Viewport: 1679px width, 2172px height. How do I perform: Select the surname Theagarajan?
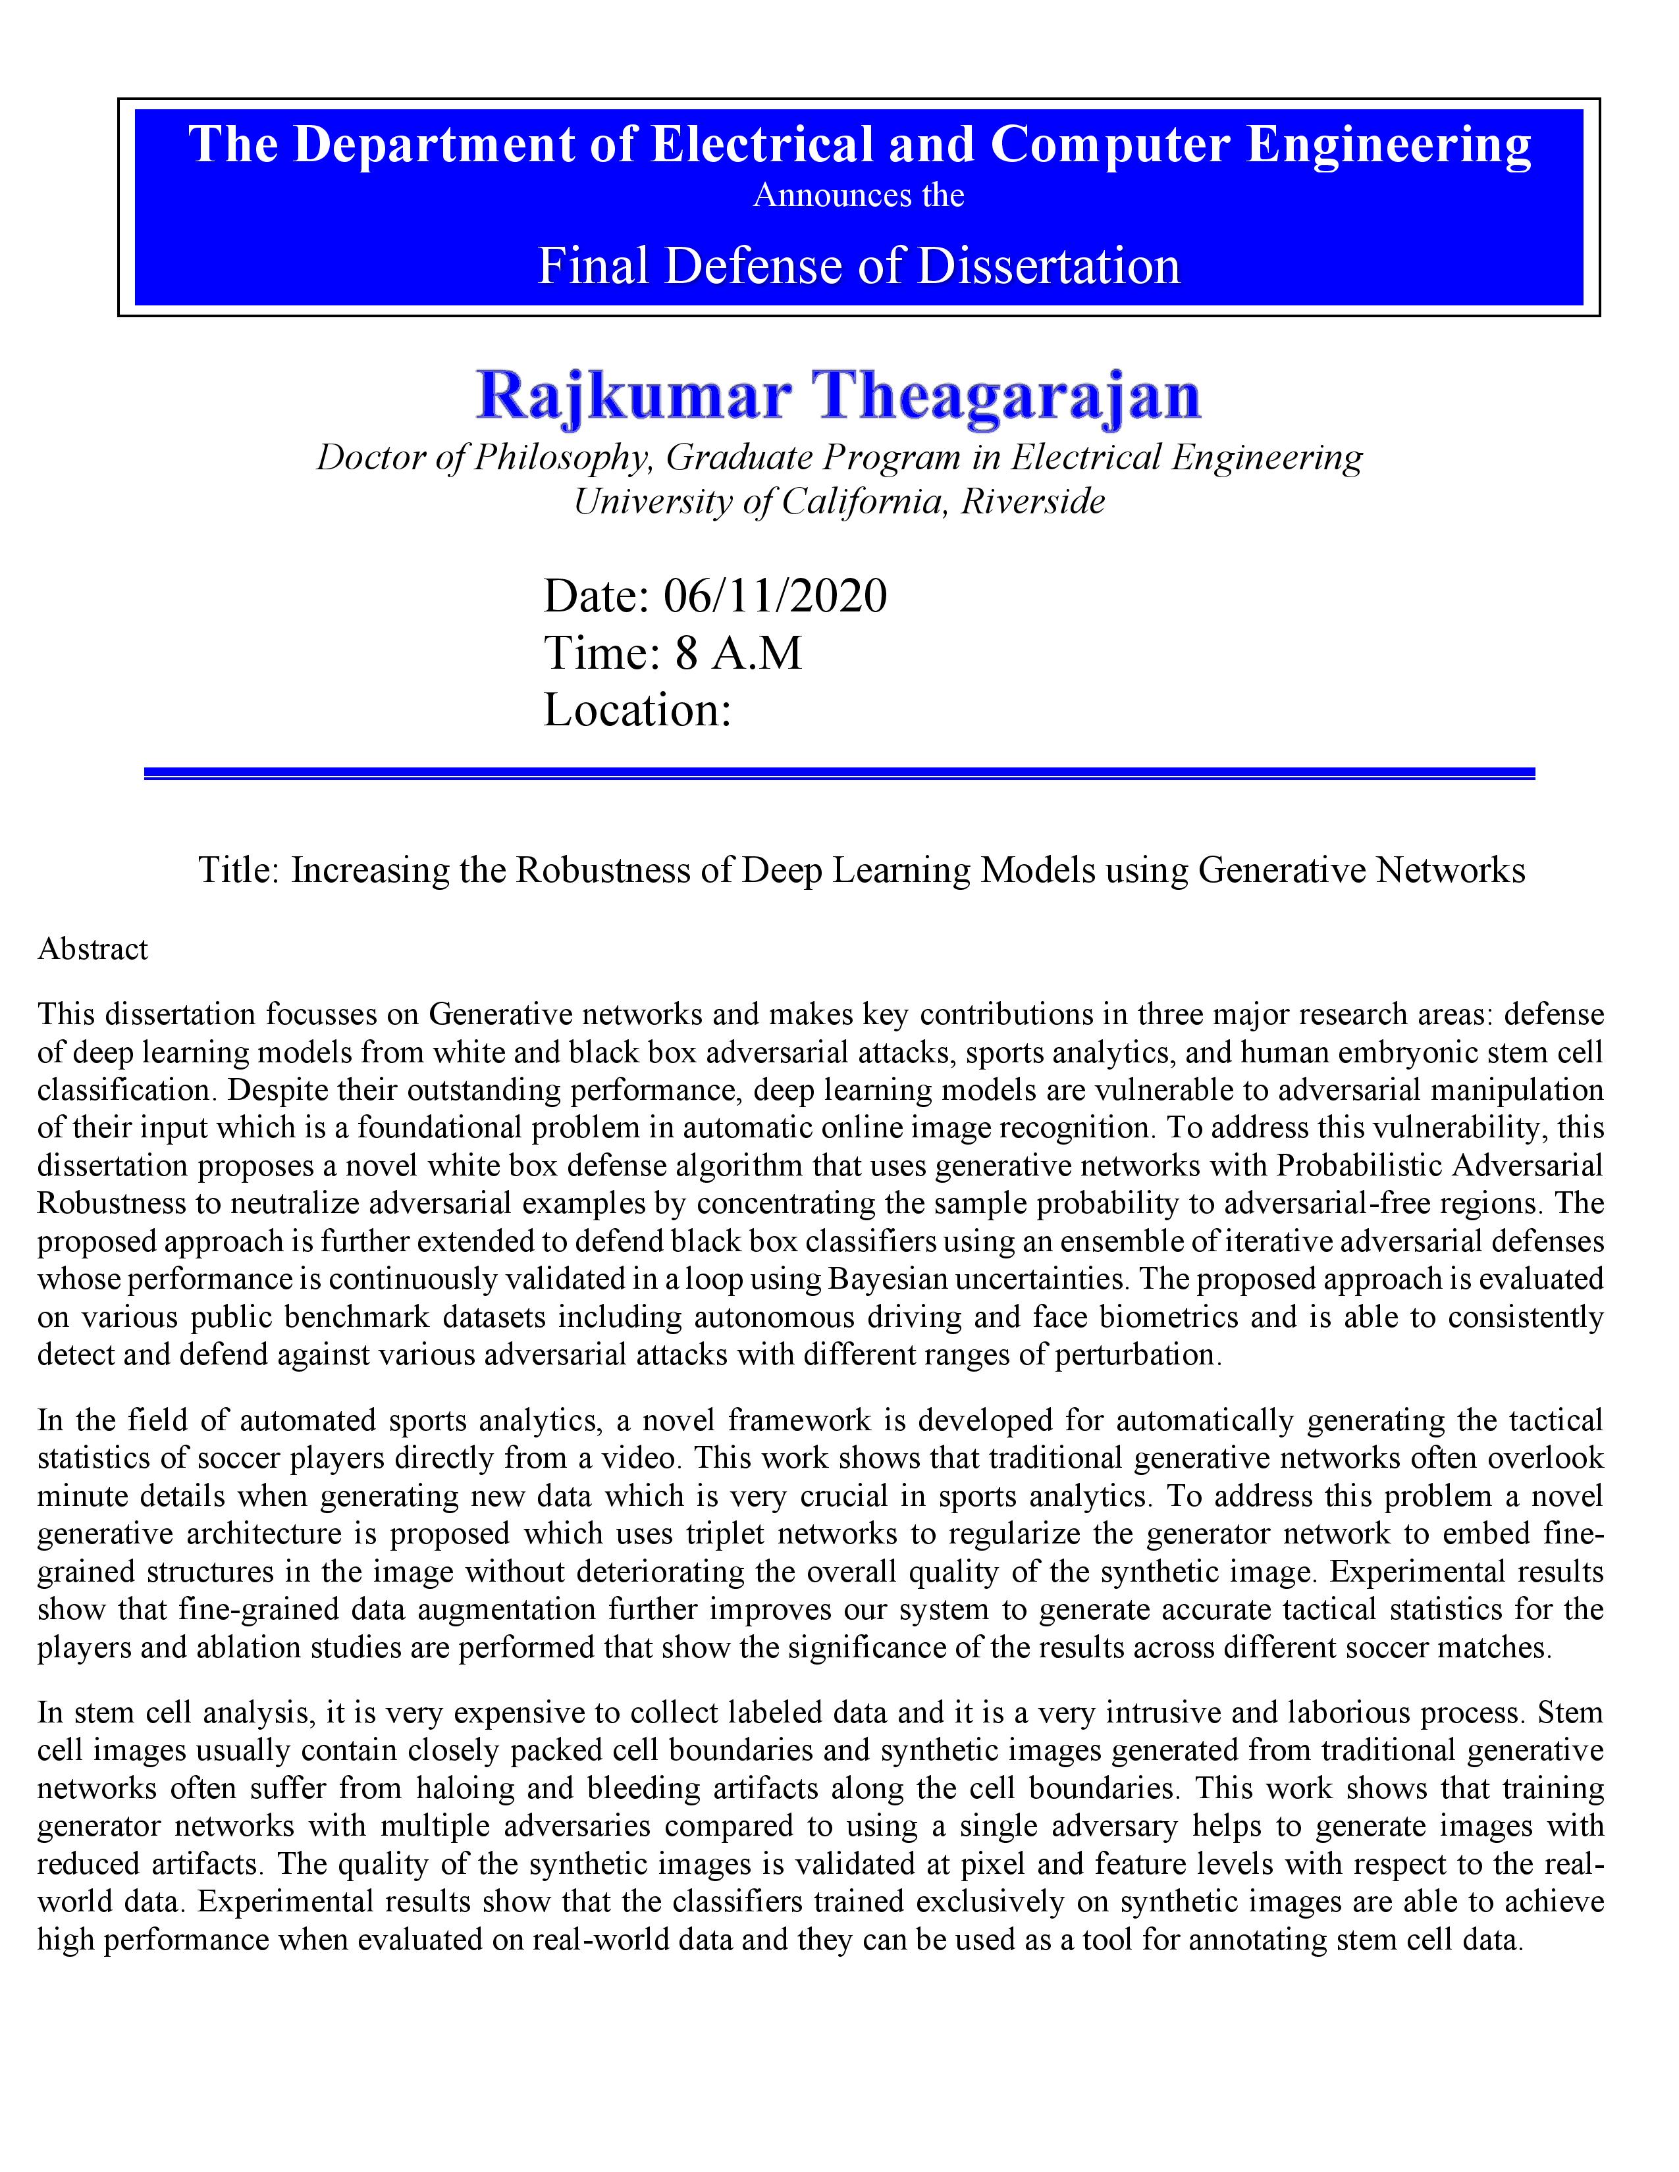coord(1007,396)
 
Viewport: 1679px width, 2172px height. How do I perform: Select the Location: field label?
coord(637,710)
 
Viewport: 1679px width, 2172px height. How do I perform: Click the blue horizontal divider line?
coord(839,773)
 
